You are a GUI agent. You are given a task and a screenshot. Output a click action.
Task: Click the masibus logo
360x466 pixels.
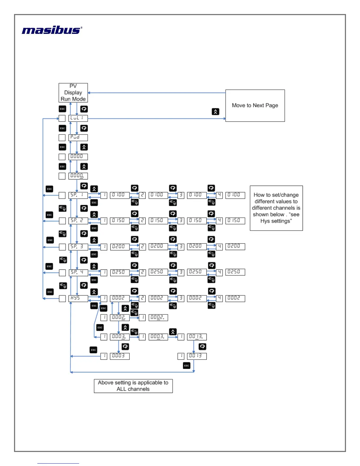pyautogui.click(x=52, y=30)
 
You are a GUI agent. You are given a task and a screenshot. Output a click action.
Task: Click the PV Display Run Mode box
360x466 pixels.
pyautogui.click(x=73, y=93)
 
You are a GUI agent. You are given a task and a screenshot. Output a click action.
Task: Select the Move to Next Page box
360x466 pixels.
pyautogui.click(x=255, y=106)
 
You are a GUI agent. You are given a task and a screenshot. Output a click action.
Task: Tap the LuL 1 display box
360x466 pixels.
pyautogui.click(x=78, y=118)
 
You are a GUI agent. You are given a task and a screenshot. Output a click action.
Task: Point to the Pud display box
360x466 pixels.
pyautogui.click(x=78, y=137)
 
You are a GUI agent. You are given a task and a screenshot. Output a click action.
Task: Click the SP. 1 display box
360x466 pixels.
pyautogui.click(x=78, y=195)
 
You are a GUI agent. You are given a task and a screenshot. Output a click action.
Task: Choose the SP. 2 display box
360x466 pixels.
pyautogui.click(x=78, y=221)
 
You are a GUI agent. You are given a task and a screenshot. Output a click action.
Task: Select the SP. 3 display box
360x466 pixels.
pyautogui.click(x=78, y=247)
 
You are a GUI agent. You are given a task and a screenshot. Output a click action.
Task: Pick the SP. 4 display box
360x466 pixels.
pyautogui.click(x=78, y=272)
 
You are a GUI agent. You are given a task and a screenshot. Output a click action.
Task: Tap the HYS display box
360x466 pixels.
pyautogui.click(x=78, y=298)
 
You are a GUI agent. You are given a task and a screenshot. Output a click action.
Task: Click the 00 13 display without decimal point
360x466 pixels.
pyautogui.click(x=197, y=356)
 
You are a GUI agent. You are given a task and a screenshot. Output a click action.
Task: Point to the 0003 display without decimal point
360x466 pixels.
pyautogui.click(x=119, y=356)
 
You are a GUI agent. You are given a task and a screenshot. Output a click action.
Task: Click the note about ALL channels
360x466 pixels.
pyautogui.click(x=133, y=386)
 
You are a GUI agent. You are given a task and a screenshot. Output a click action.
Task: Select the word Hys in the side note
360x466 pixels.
pyautogui.click(x=265, y=221)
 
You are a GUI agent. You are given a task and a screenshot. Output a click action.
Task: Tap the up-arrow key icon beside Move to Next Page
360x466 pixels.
pyautogui.click(x=216, y=112)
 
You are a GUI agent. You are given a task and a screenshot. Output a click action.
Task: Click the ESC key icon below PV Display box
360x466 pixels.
pyautogui.click(x=62, y=109)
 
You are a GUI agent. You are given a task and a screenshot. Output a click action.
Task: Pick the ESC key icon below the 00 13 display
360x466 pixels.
pyautogui.click(x=186, y=366)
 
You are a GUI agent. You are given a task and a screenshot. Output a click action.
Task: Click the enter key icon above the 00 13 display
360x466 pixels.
pyautogui.click(x=202, y=347)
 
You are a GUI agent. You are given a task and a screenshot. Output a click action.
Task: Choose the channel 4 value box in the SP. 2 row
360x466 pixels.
pyautogui.click(x=235, y=221)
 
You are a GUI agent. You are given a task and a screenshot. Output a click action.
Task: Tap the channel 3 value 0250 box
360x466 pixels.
pyautogui.click(x=196, y=272)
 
